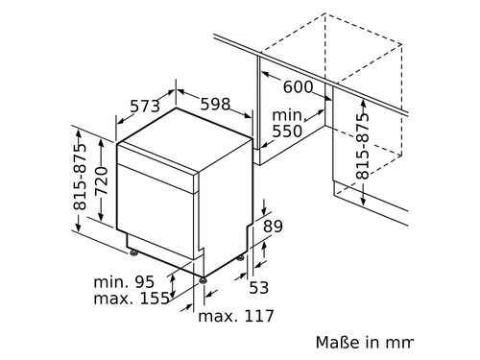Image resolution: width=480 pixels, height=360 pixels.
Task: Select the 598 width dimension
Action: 215,104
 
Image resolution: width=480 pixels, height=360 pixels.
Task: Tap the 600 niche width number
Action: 299,86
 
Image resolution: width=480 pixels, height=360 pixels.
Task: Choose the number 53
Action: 257,287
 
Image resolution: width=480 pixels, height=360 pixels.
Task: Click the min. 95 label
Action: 125,282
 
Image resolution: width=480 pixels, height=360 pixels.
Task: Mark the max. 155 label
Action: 132,299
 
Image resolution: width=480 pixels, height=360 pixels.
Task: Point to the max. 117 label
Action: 235,316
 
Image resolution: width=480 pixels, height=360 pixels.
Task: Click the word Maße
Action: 337,342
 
